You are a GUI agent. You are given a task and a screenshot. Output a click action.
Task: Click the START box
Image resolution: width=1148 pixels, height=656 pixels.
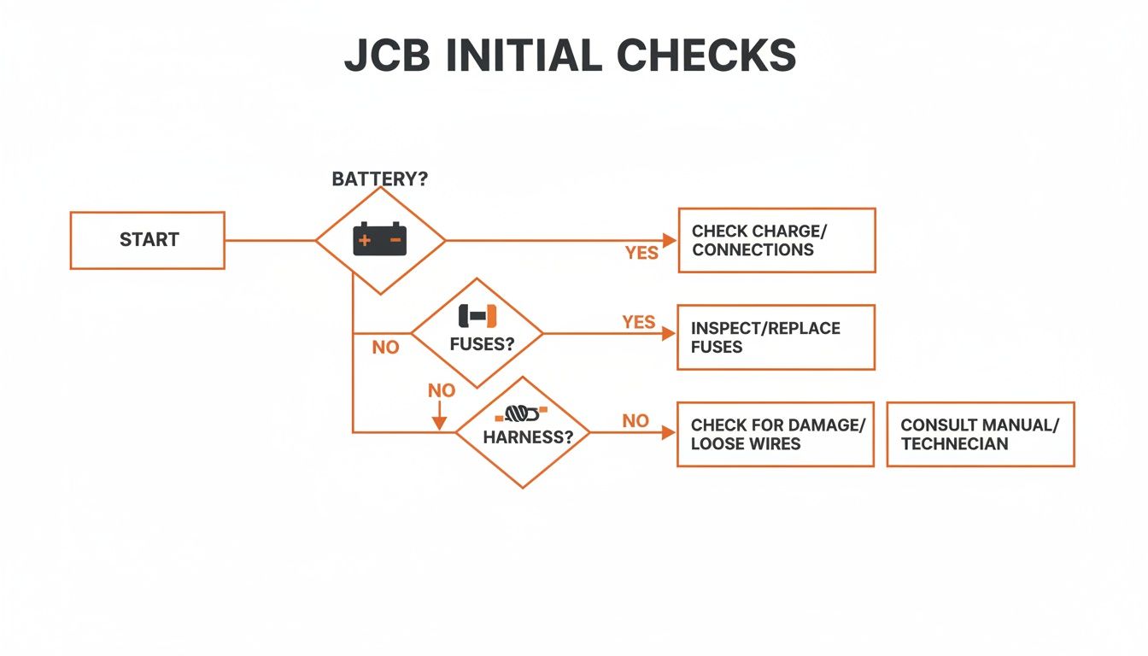tap(147, 240)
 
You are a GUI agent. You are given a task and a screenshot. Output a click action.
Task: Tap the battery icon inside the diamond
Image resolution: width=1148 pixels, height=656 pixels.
tap(380, 239)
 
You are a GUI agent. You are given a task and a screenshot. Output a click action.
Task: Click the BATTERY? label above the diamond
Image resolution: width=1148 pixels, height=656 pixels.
tap(379, 180)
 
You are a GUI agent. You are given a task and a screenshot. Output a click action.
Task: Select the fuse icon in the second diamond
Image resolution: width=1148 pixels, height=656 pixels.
tap(477, 315)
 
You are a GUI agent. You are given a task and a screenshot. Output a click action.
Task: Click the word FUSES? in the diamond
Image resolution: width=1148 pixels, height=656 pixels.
tap(482, 346)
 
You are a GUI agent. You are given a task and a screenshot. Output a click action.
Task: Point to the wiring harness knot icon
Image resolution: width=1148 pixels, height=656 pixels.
tap(522, 414)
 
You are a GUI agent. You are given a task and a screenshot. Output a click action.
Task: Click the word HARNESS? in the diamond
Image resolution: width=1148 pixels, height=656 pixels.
tap(524, 436)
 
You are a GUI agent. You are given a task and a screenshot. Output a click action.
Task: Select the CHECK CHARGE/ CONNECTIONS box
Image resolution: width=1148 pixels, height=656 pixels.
tap(776, 240)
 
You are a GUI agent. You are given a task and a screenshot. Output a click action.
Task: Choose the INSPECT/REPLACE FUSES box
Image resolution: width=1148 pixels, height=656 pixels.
tap(775, 337)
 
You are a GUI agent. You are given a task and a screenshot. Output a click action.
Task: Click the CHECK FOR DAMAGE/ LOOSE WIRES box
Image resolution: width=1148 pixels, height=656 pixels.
tap(775, 434)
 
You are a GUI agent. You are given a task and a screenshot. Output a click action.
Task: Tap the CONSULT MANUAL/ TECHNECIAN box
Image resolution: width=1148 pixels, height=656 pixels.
tap(980, 434)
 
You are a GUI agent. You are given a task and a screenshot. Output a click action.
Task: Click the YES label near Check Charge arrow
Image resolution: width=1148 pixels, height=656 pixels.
tap(641, 253)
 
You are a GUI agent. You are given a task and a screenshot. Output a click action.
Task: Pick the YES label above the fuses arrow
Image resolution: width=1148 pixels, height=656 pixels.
tap(639, 322)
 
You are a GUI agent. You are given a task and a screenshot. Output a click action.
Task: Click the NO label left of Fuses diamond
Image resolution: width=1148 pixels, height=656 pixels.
tap(385, 348)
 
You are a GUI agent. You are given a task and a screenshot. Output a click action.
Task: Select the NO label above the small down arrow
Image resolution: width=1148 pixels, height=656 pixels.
tap(442, 390)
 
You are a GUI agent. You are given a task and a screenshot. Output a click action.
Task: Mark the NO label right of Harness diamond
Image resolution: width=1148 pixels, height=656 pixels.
tap(635, 421)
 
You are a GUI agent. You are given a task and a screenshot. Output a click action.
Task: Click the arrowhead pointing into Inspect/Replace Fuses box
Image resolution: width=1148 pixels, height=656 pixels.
tap(668, 333)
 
